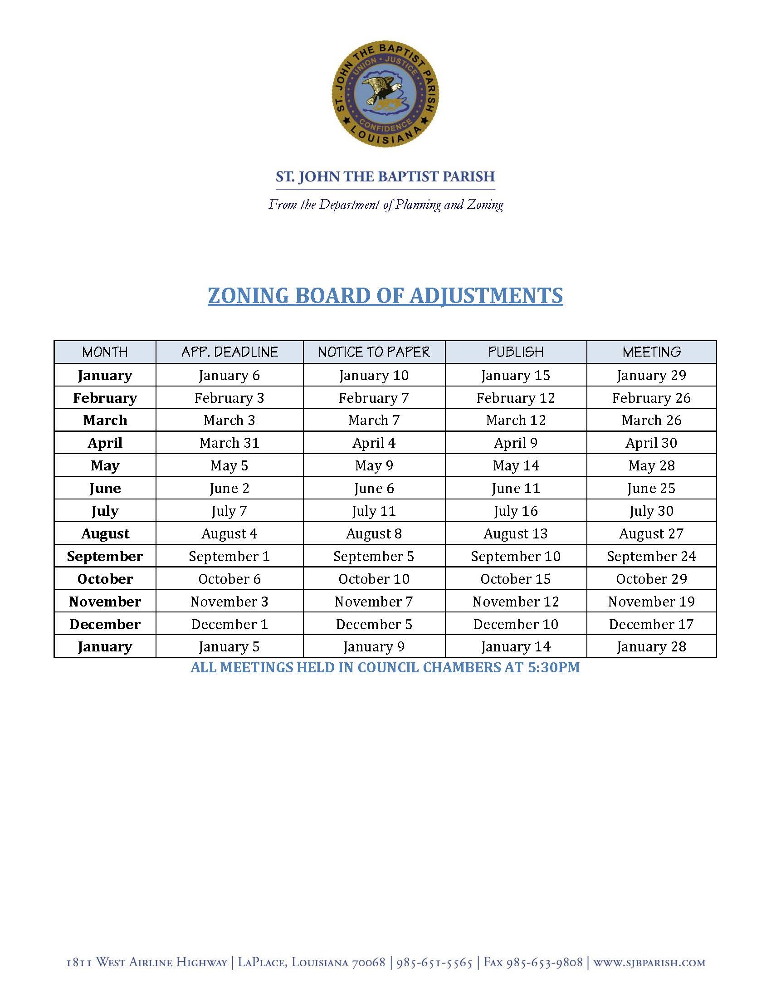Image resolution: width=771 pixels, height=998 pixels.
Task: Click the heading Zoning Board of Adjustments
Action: pyautogui.click(x=385, y=296)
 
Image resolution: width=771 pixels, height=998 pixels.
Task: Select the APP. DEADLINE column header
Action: pyautogui.click(x=229, y=352)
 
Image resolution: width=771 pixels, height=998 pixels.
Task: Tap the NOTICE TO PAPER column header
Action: pyautogui.click(x=374, y=352)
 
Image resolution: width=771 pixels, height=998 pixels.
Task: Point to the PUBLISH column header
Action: pyautogui.click(x=516, y=352)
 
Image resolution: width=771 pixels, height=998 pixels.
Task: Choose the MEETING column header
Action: pyautogui.click(x=651, y=352)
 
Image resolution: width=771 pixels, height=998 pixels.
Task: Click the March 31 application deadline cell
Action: pyautogui.click(x=229, y=443)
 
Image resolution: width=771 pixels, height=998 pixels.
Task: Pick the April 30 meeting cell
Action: pyautogui.click(x=651, y=443)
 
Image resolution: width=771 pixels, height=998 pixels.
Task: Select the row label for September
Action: pyautogui.click(x=105, y=556)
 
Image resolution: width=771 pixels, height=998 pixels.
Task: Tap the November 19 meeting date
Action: pyautogui.click(x=651, y=602)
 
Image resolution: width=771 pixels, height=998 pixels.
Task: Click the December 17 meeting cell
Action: pyautogui.click(x=651, y=624)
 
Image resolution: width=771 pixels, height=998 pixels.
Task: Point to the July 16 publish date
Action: pyautogui.click(x=516, y=511)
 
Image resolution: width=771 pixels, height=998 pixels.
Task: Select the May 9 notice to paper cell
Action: pyautogui.click(x=374, y=465)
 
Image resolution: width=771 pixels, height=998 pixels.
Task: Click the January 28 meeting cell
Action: pyautogui.click(x=651, y=646)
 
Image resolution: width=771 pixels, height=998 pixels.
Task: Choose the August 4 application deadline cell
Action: pyautogui.click(x=229, y=534)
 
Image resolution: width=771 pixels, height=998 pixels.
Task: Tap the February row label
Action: pyautogui.click(x=105, y=398)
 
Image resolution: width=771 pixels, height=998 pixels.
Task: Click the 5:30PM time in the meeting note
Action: pyautogui.click(x=554, y=668)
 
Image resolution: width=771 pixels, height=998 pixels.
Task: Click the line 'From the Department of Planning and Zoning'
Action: pyautogui.click(x=385, y=204)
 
